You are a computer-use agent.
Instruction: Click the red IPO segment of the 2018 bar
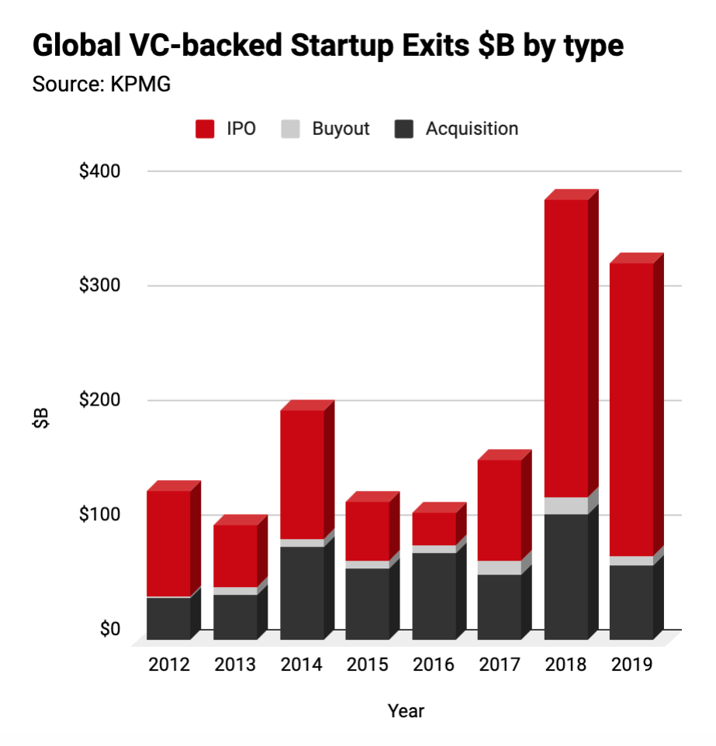coord(566,348)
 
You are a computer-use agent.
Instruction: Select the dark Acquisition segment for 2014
coord(302,593)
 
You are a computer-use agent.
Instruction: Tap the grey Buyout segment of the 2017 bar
coord(499,568)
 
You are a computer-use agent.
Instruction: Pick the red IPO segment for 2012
coord(168,544)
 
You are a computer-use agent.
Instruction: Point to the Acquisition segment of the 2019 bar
coord(631,603)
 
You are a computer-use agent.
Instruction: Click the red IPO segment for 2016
coord(434,529)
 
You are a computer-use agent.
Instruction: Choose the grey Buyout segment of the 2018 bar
coord(566,506)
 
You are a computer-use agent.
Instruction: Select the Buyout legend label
coord(341,129)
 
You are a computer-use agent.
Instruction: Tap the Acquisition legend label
coord(472,129)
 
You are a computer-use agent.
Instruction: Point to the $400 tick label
coord(100,171)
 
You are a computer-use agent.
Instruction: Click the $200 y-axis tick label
coord(100,400)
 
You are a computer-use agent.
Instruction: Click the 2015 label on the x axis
coord(367,665)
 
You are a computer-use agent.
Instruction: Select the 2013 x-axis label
coord(235,665)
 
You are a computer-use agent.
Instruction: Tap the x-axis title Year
coord(406,710)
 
